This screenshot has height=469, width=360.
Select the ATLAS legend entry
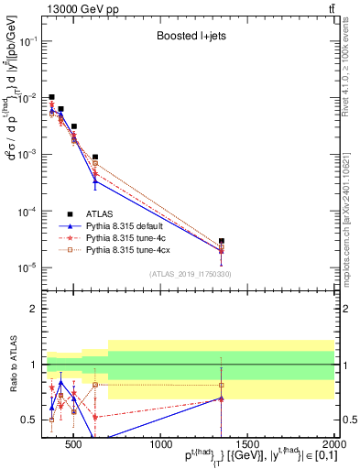tap(101, 213)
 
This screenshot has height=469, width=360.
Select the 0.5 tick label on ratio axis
tap(28, 420)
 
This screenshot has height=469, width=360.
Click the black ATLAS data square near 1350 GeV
tap(221, 241)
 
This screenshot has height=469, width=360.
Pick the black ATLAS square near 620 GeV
tap(95, 158)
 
